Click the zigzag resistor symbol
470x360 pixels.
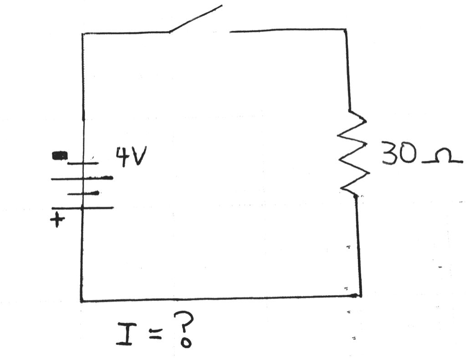click(x=353, y=153)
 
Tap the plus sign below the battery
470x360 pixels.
click(x=57, y=221)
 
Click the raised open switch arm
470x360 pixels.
click(x=196, y=19)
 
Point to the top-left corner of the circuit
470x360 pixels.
click(x=82, y=33)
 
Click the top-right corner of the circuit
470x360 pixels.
click(x=346, y=30)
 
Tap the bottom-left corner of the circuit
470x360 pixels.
click(x=82, y=301)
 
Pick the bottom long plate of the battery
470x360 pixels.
click(x=82, y=208)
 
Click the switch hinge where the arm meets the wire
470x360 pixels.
click(x=170, y=32)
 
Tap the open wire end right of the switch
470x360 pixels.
click(x=231, y=31)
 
